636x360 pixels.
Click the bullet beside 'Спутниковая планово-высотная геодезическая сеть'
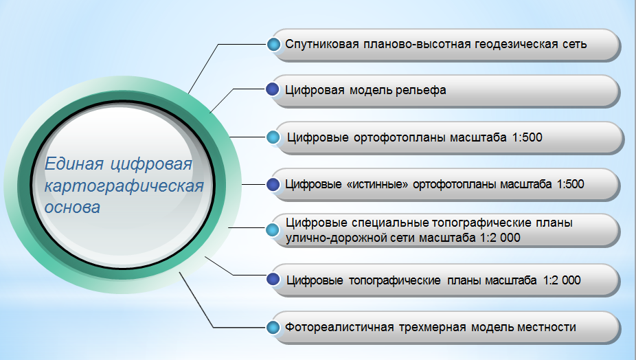[274, 44]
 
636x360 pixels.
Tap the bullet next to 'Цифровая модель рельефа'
[273, 89]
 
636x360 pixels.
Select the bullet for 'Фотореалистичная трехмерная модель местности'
[273, 327]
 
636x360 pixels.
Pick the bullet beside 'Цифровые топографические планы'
[273, 279]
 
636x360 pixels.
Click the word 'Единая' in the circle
[73, 164]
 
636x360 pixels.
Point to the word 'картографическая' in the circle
[124, 186]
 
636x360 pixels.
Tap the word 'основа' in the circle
[72, 207]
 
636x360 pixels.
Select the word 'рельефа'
[420, 90]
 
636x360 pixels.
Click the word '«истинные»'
[377, 184]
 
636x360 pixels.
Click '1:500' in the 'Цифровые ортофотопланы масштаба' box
[527, 137]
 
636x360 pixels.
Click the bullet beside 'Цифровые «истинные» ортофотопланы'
[273, 184]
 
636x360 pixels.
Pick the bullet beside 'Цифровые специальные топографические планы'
[273, 229]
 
